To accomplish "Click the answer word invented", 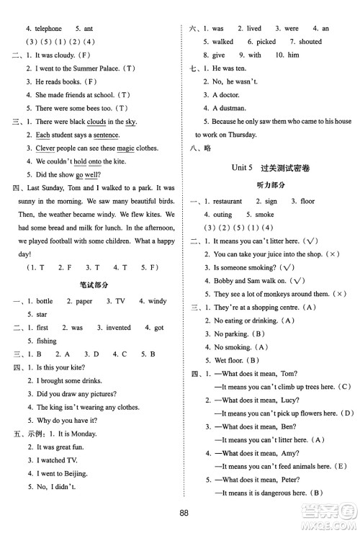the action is click(x=119, y=327).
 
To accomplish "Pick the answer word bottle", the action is click(x=44, y=301).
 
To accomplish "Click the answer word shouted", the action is click(x=310, y=42).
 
